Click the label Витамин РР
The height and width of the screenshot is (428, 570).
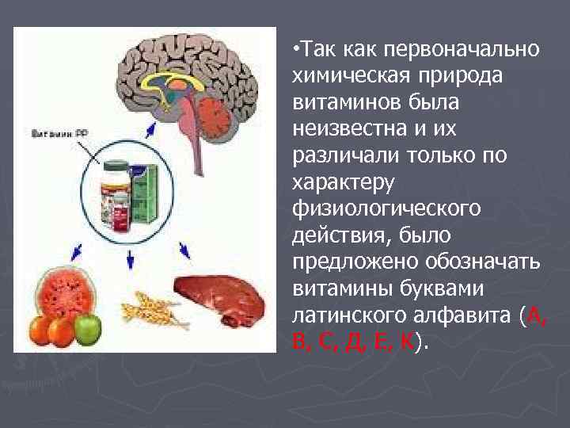(59, 134)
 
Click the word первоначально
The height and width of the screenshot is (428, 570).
(462, 51)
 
